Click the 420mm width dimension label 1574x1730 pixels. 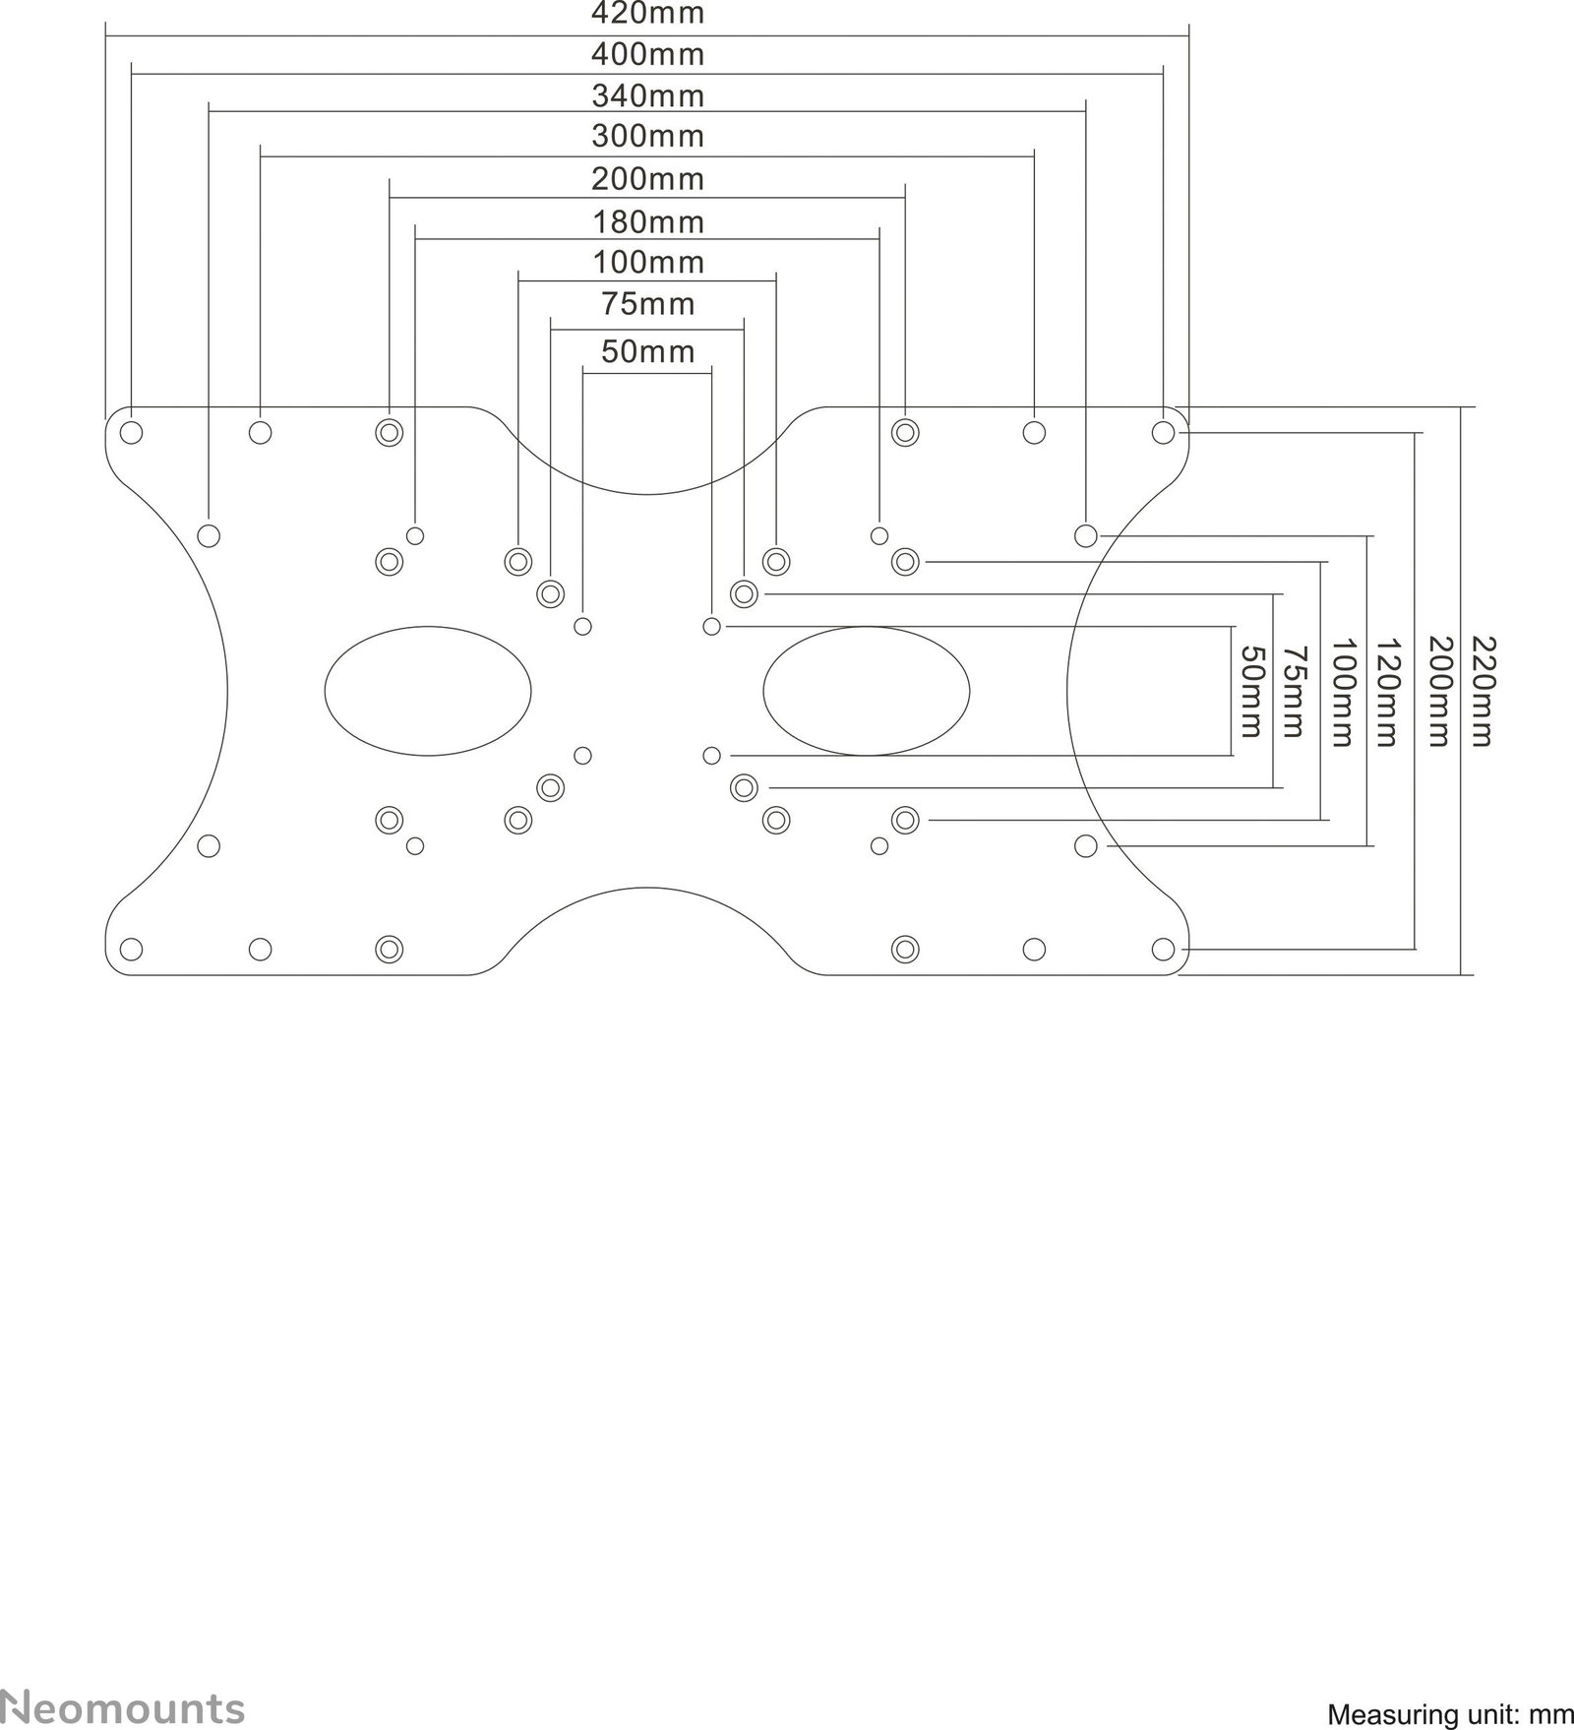click(x=647, y=14)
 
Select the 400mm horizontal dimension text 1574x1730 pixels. click(x=647, y=54)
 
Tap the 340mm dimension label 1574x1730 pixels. click(x=647, y=96)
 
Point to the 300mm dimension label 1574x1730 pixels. click(x=647, y=136)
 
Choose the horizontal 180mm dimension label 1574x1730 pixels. click(x=647, y=222)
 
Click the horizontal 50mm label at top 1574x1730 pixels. click(x=647, y=351)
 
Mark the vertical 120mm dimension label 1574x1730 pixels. click(x=1385, y=691)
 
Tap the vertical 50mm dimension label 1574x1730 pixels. click(x=1249, y=691)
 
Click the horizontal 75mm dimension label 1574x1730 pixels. click(x=647, y=304)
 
